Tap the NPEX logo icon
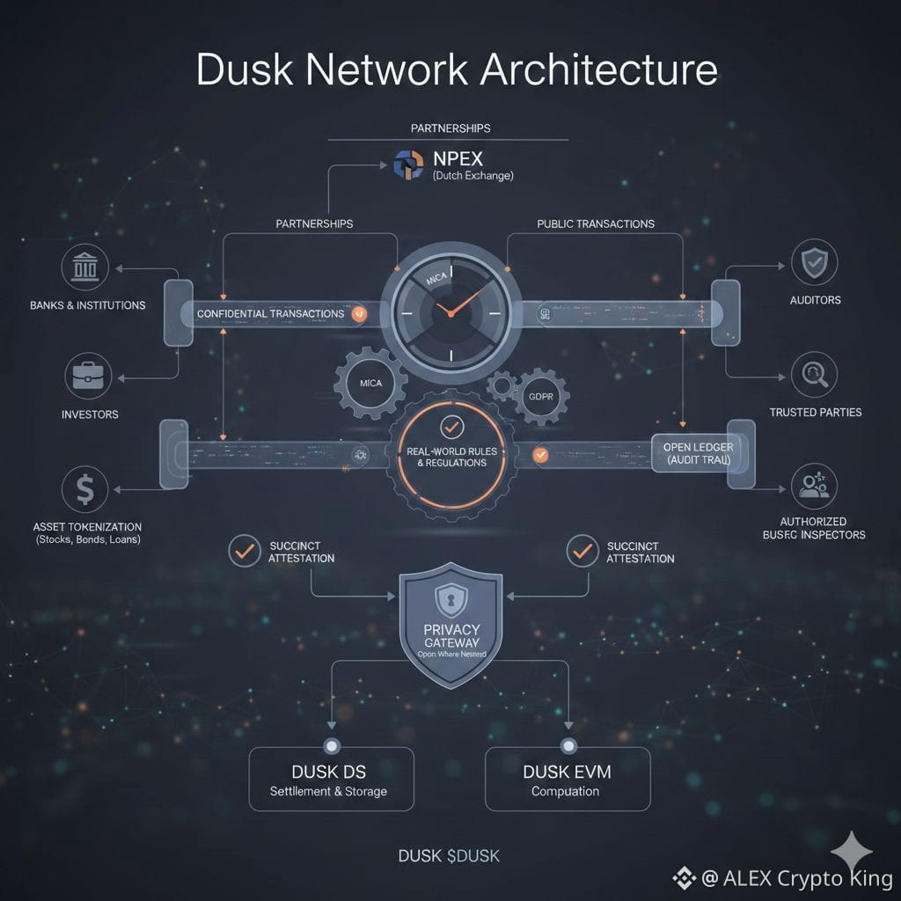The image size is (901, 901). tap(409, 165)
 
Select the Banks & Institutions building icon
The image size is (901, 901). tap(86, 266)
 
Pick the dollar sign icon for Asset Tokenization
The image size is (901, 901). tap(85, 489)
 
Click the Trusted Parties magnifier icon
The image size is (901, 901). tap(814, 376)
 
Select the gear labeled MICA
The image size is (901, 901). tap(370, 384)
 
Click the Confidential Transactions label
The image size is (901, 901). tap(270, 313)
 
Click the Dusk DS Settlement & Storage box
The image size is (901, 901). tap(331, 779)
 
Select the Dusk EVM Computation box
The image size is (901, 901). tap(567, 779)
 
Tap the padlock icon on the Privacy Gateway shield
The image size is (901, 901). tap(450, 600)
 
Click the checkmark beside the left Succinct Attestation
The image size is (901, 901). tap(244, 551)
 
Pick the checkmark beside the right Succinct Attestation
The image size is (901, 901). tap(581, 551)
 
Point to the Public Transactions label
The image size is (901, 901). tap(595, 223)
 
